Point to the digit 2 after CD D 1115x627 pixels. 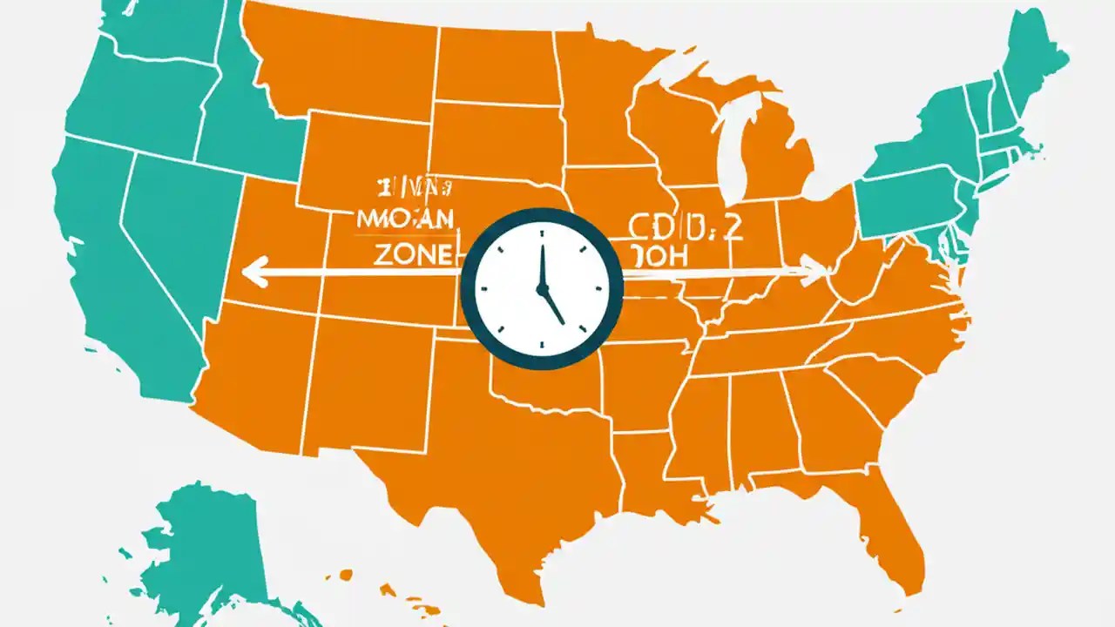(x=733, y=227)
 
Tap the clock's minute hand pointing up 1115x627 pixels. (x=541, y=262)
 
